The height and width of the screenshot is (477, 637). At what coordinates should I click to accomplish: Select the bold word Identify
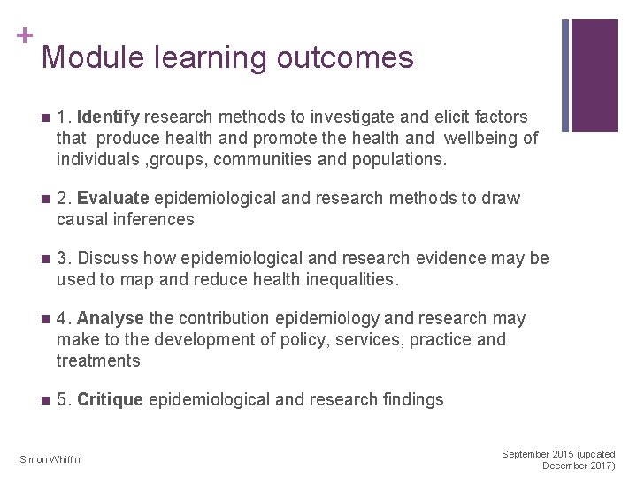point(109,117)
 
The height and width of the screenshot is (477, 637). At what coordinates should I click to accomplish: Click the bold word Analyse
point(111,318)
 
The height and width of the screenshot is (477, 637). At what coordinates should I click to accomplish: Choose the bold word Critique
point(110,399)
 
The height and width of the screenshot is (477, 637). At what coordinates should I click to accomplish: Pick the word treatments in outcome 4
point(98,360)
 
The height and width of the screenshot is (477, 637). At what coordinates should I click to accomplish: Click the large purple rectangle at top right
point(594,75)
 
